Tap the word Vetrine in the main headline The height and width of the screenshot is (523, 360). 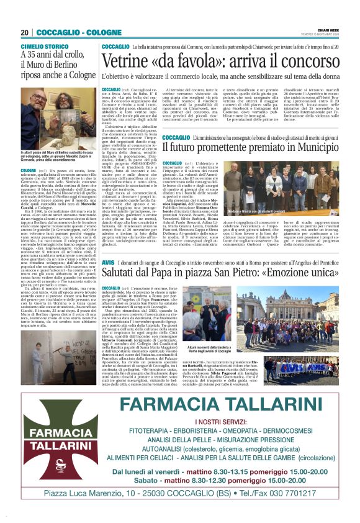tap(128, 61)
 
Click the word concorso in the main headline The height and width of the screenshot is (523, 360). tap(305, 61)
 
